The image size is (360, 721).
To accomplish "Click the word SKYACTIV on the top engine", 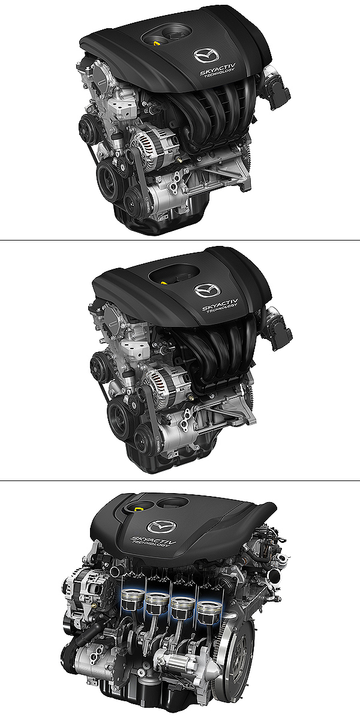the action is (218, 69).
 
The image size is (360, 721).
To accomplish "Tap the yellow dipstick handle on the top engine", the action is (157, 43).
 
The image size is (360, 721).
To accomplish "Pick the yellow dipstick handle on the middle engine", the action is (164, 283).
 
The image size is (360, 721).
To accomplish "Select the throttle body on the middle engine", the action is (279, 328).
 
